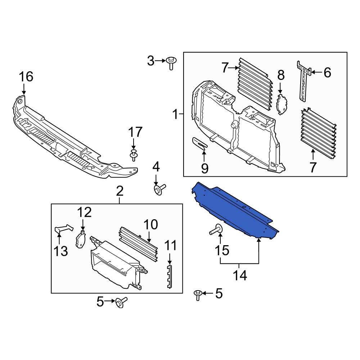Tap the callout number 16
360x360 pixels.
click(x=26, y=76)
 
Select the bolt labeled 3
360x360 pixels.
click(x=171, y=64)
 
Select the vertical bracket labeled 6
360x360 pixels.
click(x=304, y=81)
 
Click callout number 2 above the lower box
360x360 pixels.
click(x=120, y=192)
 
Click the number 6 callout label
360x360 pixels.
click(x=327, y=73)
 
